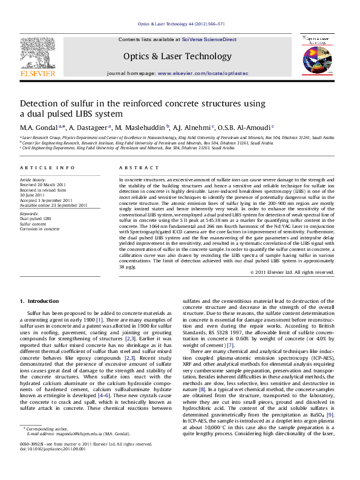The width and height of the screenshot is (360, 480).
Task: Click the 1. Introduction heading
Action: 40,300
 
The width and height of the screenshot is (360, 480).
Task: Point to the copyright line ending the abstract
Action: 292,273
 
